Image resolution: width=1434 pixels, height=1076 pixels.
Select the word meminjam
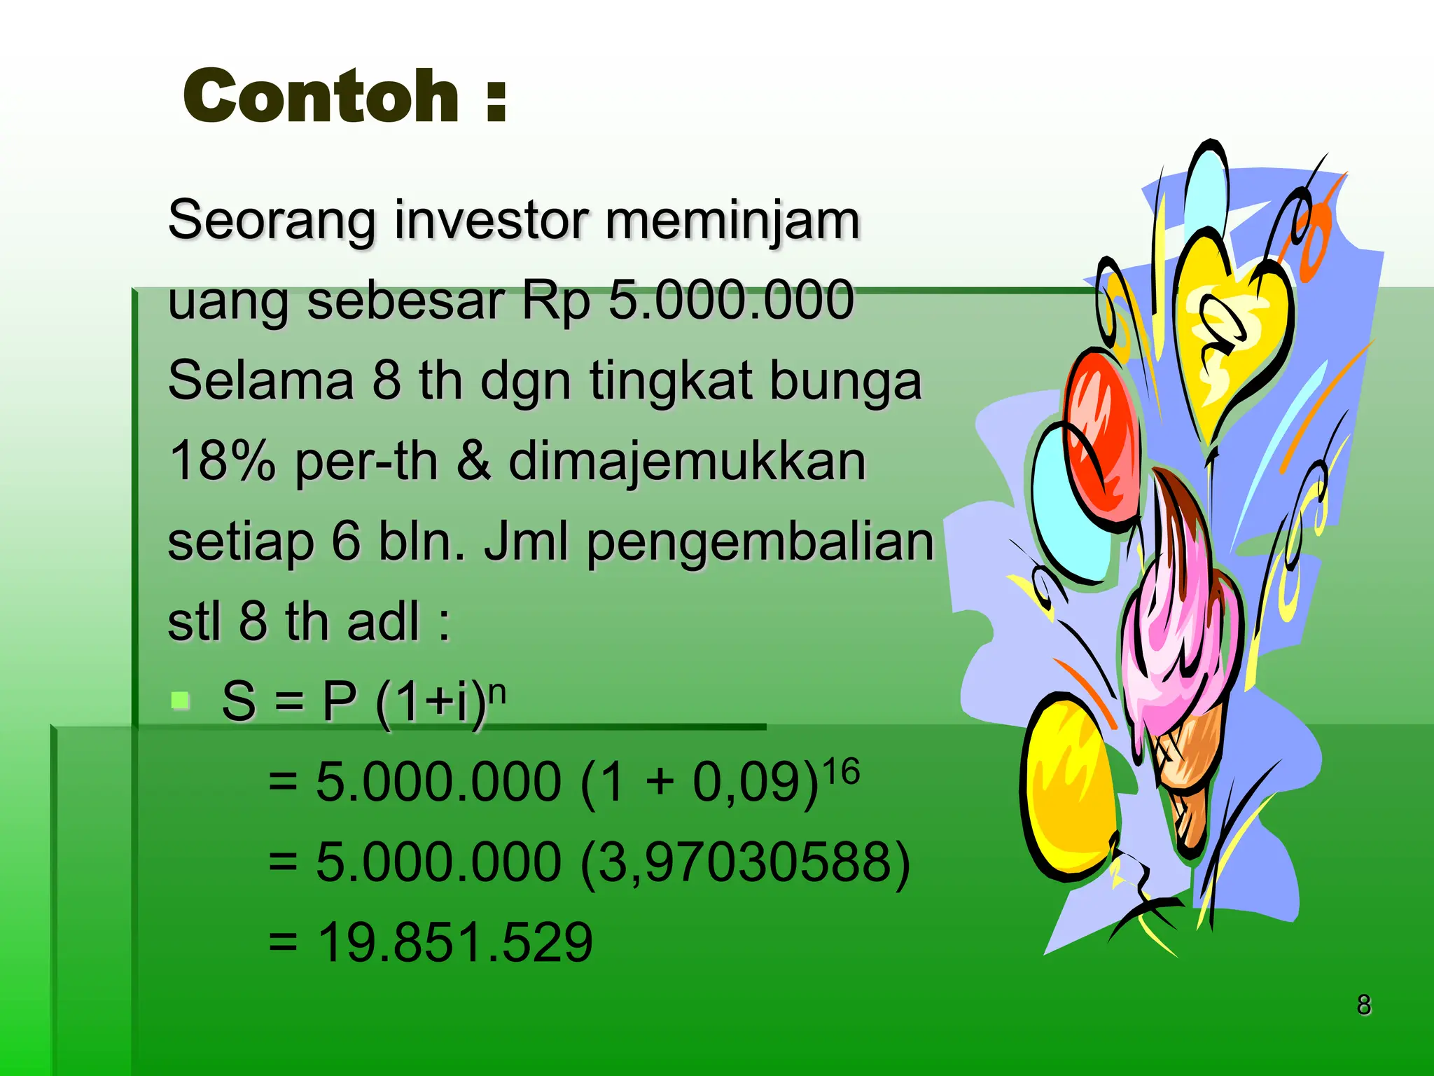coord(732,221)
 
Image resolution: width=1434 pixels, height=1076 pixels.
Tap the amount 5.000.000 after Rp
coord(731,300)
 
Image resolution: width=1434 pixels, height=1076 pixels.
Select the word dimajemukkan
coord(687,462)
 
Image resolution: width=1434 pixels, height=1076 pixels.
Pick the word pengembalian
coord(760,544)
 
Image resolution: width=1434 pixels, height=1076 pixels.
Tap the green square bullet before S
coord(181,700)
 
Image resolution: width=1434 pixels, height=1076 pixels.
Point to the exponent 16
coord(840,773)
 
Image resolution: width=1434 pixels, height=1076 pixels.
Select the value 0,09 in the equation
coord(745,782)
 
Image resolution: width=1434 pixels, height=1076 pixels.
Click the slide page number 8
coord(1363,1005)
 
